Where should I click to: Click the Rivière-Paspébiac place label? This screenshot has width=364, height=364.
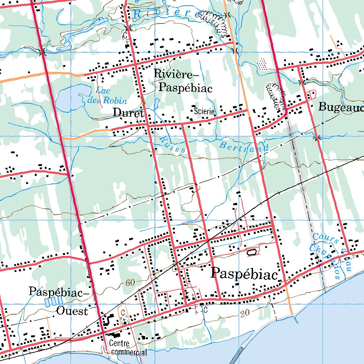pos(183,81)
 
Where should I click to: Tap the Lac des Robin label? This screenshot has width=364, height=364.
pos(107,95)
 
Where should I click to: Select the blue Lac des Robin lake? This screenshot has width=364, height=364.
pos(69,98)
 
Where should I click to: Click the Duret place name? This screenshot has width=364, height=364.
pos(128,113)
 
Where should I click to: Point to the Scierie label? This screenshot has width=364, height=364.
pos(204,111)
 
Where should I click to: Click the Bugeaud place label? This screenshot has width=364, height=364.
pos(341,107)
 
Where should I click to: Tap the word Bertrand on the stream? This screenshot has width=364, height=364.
pos(244,147)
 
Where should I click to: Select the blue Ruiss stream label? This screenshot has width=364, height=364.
pos(172,144)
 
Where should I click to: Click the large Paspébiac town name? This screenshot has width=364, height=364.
pos(244,274)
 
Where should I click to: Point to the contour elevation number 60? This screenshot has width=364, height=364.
pos(130,283)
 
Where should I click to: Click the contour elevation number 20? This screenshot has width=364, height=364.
pos(244,314)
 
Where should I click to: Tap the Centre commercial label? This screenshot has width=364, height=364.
pos(128,348)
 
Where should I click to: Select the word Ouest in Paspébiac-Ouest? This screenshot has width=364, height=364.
pos(72,311)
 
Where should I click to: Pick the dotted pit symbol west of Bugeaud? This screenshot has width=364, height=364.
pos(262,64)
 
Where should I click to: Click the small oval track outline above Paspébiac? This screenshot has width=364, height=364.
pos(252,252)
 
